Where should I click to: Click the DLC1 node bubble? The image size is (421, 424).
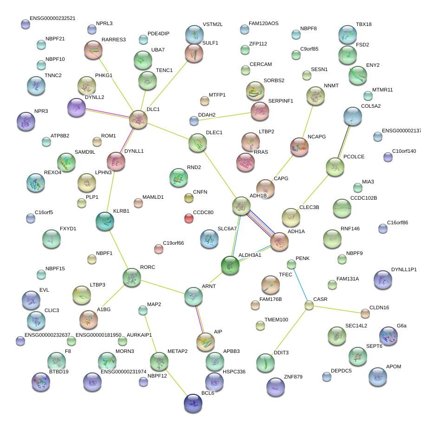coord(138,119)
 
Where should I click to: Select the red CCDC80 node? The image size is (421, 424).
coord(188,218)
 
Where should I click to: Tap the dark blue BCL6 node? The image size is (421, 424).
coord(193,403)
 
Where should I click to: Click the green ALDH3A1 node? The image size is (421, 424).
coord(230,265)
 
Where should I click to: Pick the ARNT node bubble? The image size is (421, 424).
coord(193,296)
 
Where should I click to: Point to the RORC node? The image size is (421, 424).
coord(131,277)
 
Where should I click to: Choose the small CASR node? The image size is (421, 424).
coord(309,305)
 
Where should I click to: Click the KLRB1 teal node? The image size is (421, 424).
coord(104,222)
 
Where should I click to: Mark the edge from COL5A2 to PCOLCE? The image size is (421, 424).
coord(344,142)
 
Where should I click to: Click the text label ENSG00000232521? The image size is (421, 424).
coord(52,19)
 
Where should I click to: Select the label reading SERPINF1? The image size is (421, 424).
coord(281,101)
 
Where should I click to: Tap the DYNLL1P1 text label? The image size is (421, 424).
coord(404,269)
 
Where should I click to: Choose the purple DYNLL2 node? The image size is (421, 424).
coord(77,108)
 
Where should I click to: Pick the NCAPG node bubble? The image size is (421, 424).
coord(298,147)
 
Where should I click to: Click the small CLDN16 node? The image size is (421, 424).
coord(365,314)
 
